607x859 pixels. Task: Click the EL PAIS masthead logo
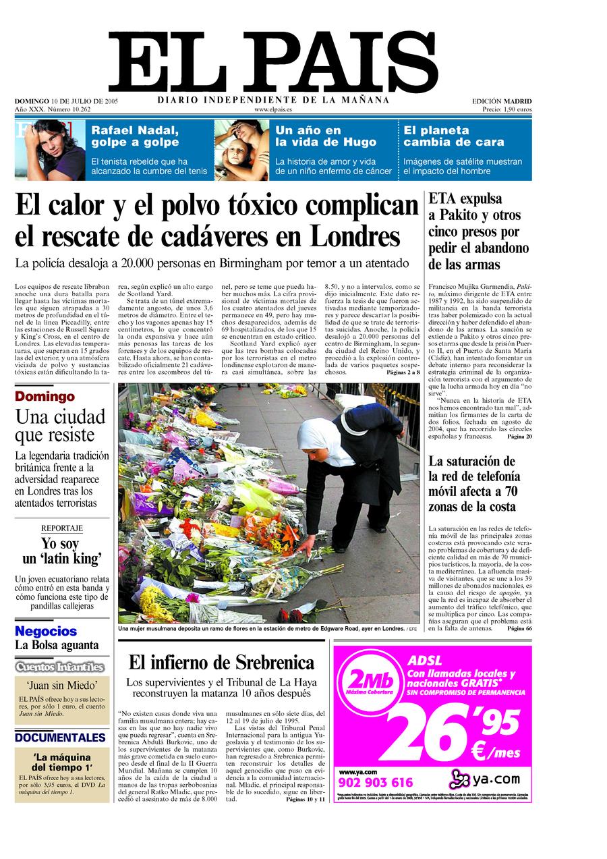[x=272, y=63]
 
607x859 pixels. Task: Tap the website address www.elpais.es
[x=273, y=109]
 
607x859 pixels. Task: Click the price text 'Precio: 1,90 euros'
[x=507, y=109]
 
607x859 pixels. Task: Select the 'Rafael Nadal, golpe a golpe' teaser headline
[x=135, y=136]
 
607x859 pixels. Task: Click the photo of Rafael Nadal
[x=50, y=150]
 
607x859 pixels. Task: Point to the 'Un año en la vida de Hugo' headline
[x=308, y=136]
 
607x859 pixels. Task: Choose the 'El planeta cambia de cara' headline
[x=454, y=136]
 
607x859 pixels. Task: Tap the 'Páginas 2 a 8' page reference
[x=403, y=372]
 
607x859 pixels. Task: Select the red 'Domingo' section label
[x=45, y=397]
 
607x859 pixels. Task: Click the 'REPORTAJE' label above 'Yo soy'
[x=62, y=528]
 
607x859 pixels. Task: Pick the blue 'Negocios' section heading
[x=46, y=632]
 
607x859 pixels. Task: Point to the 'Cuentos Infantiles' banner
[x=61, y=667]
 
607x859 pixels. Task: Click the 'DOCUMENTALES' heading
[x=61, y=738]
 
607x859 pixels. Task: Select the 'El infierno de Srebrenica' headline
[x=221, y=662]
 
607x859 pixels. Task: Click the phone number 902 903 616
[x=376, y=783]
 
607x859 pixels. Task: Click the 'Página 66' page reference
[x=519, y=629]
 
